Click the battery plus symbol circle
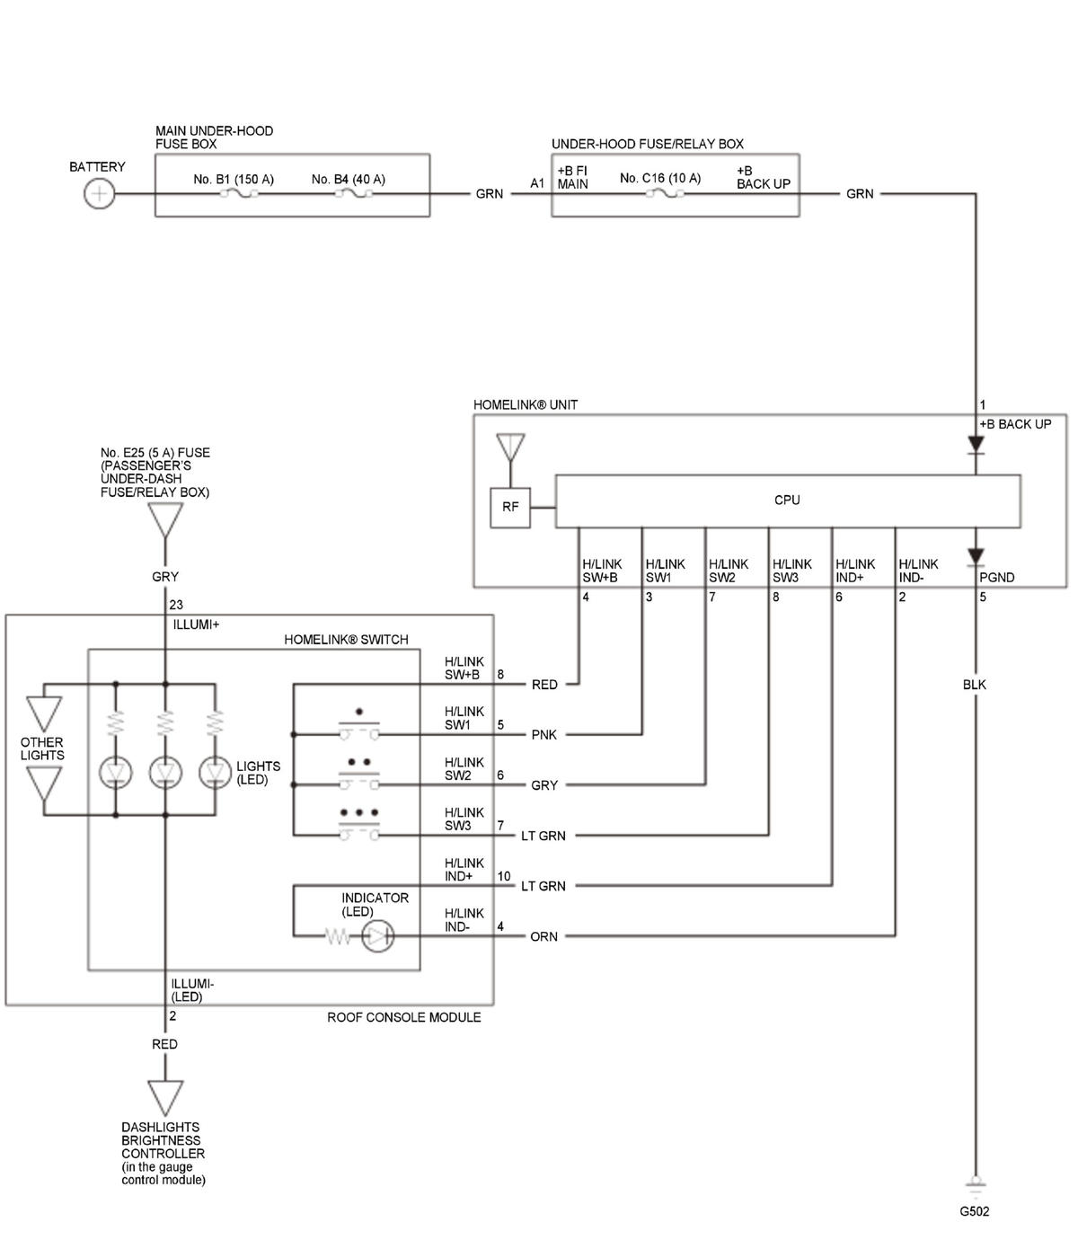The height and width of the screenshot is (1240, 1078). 99,194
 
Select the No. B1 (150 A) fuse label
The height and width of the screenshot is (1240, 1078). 234,180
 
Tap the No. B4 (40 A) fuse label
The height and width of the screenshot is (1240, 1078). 348,180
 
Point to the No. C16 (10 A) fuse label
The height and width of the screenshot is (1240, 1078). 660,178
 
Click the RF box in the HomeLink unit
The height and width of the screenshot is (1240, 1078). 509,508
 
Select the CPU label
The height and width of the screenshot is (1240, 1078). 787,500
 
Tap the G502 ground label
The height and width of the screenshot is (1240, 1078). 974,1211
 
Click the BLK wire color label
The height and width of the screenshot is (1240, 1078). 974,684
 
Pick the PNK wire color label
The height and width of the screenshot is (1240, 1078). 543,734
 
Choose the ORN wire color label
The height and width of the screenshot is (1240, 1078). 543,936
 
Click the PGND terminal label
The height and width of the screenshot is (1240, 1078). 996,577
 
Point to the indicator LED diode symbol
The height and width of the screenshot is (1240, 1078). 377,936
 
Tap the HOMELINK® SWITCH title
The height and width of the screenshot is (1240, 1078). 346,640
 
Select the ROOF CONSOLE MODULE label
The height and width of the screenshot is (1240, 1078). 403,1017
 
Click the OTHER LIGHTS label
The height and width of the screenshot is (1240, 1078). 42,748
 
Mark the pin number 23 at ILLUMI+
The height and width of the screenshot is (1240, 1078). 176,604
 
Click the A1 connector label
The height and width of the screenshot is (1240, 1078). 537,183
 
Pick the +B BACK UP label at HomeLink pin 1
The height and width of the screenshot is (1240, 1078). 1015,424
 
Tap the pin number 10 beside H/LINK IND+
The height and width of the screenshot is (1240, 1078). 504,876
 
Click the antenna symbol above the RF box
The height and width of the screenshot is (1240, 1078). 510,447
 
